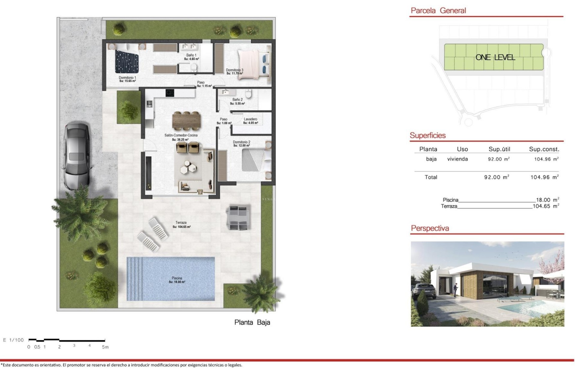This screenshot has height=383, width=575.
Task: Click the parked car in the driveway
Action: pyautogui.click(x=76, y=156)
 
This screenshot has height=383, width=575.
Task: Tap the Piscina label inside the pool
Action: pyautogui.click(x=177, y=280)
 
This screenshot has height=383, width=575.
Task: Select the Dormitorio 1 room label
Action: pyautogui.click(x=127, y=79)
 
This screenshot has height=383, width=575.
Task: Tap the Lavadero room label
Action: pyautogui.click(x=250, y=121)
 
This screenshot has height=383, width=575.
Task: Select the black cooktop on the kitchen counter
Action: pyautogui.click(x=170, y=93)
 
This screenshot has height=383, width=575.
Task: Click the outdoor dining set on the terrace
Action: pyautogui.click(x=238, y=217)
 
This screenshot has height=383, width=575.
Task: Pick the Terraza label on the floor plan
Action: pyautogui.click(x=181, y=224)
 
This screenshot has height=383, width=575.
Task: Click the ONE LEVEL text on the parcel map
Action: pyautogui.click(x=495, y=57)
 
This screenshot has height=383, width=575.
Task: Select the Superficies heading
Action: pyautogui.click(x=427, y=136)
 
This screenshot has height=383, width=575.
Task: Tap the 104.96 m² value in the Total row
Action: pyautogui.click(x=544, y=177)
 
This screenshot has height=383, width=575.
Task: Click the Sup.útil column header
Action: pyautogui.click(x=499, y=149)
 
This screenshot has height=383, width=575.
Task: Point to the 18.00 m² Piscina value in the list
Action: pyautogui.click(x=547, y=200)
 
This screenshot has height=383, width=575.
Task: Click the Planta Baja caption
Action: pyautogui.click(x=252, y=322)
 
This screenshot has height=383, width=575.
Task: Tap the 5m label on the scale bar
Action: pyautogui.click(x=105, y=347)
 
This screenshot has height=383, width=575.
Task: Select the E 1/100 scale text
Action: pyautogui.click(x=13, y=340)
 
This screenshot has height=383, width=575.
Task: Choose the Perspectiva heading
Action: pyautogui.click(x=430, y=228)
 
